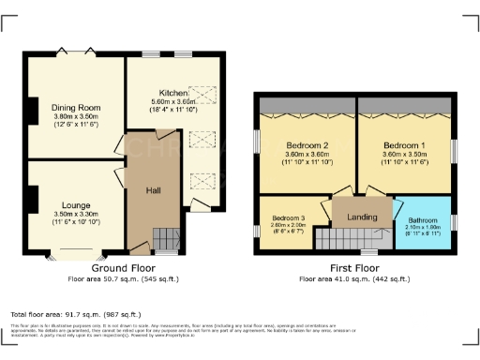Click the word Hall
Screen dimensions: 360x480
pos(154,190)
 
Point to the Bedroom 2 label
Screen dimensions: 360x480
pos(306,146)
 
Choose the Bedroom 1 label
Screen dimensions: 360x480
pos(404,146)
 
